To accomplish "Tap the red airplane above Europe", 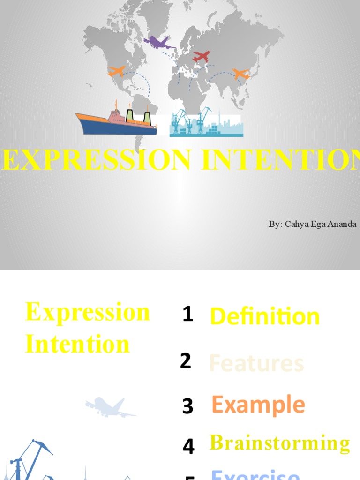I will pos(202,57).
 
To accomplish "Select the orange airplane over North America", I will pos(117,71).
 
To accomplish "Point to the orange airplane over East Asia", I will pos(241,74).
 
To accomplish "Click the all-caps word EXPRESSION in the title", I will pos(96,160).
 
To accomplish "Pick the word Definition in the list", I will pos(265,316).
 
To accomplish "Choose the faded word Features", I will pos(256,363).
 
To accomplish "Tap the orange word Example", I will pos(258,405).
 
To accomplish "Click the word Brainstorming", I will pos(279,443).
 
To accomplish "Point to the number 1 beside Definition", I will pos(187,314).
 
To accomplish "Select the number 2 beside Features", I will pos(186,361).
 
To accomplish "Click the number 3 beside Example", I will pos(187,406).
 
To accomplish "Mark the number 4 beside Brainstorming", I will pos(188,446).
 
